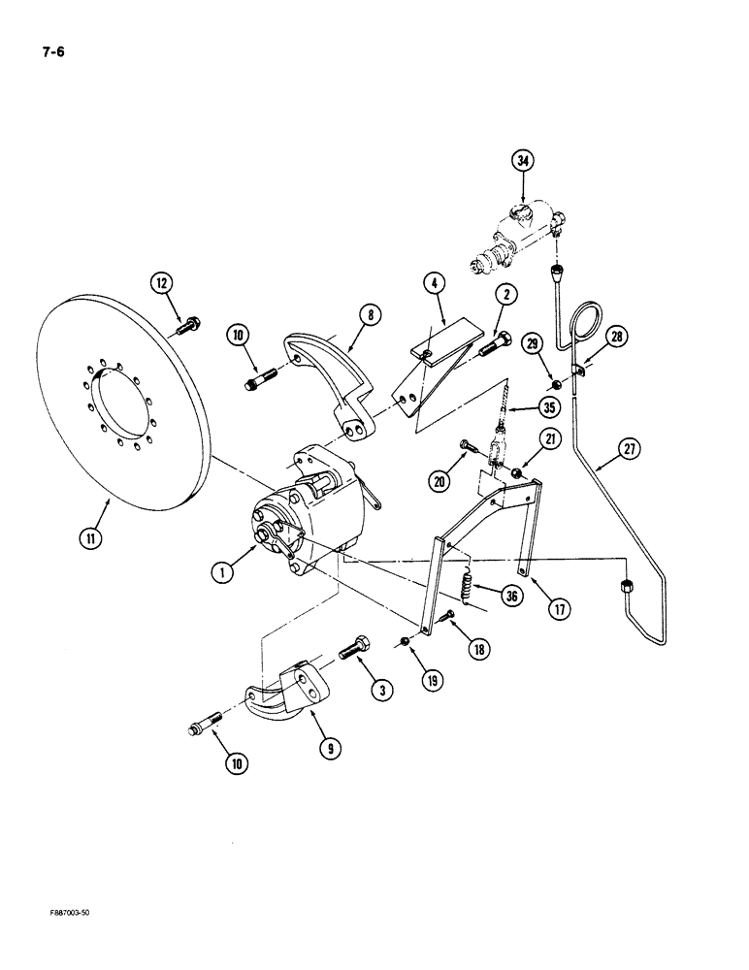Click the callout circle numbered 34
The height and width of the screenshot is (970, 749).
[x=526, y=161]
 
